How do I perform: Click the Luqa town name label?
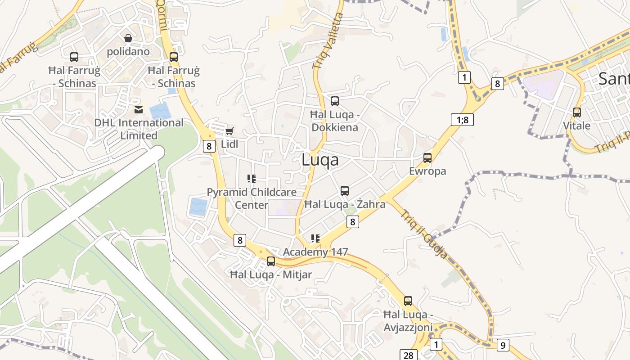pos(320,160)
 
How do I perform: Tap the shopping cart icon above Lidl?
pos(229,131)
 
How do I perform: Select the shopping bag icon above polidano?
pos(128,38)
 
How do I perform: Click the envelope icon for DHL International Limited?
pos(139,109)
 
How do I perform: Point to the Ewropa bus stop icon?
pos(427,158)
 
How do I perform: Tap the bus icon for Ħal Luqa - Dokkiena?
pos(335,101)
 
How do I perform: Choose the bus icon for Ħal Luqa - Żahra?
pos(345,191)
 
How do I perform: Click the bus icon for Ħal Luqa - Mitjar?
pos(271,261)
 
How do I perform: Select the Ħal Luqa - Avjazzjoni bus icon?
pos(408,301)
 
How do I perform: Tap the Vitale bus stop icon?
pos(577,112)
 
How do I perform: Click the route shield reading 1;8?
pos(462,120)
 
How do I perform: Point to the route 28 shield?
pos(408,355)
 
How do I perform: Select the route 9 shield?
pos(503,346)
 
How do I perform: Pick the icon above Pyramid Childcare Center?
pos(252,179)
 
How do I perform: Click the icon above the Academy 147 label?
pos(315,238)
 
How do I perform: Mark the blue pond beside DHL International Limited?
pos(160,111)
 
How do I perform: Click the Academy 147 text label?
pos(315,252)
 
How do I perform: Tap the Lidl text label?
pos(229,144)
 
